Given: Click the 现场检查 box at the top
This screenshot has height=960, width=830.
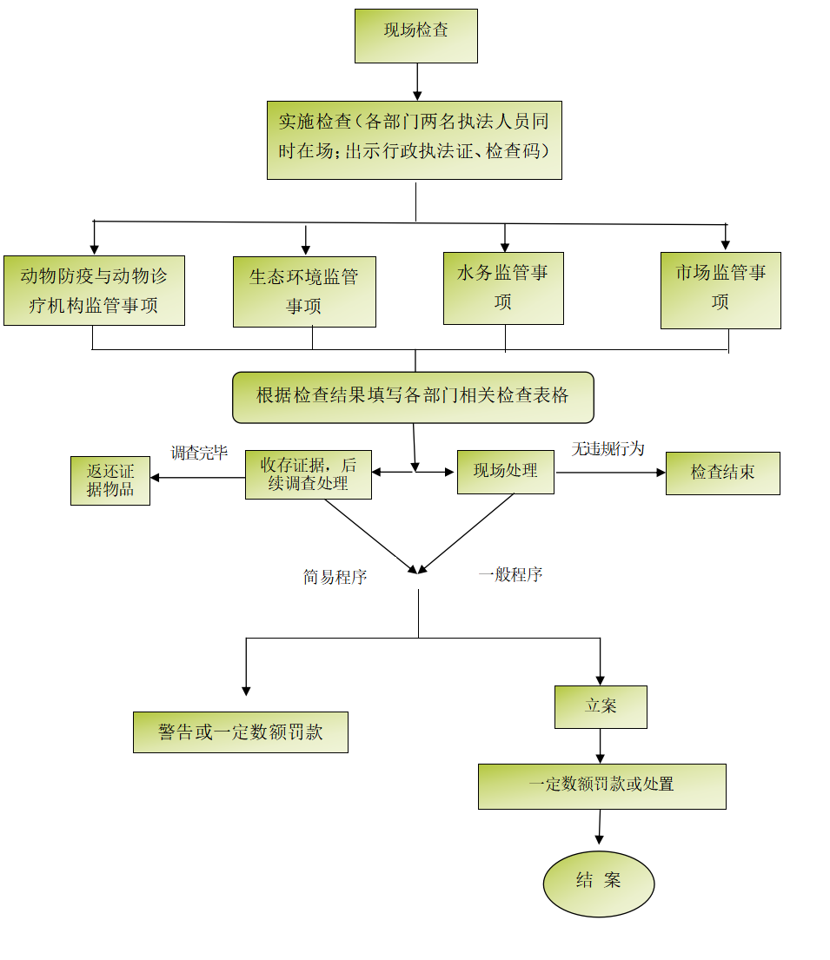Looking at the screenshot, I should [x=416, y=36].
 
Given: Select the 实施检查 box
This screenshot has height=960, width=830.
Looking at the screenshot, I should [x=414, y=140].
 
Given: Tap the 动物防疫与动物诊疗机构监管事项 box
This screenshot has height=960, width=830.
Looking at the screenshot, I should [x=94, y=290].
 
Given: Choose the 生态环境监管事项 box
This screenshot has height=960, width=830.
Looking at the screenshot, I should [x=304, y=291].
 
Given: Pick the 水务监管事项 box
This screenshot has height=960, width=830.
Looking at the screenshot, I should [x=503, y=288].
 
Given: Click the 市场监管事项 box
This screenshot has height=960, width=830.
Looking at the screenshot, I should [x=720, y=289].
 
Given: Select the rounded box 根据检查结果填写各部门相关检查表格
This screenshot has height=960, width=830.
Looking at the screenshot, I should [x=413, y=397].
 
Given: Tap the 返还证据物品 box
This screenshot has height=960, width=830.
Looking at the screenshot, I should [x=110, y=480].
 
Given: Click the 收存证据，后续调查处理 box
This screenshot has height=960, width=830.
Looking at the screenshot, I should [x=309, y=474].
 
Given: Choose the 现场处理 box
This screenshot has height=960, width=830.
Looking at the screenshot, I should [x=506, y=472].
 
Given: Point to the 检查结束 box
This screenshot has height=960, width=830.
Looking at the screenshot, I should [x=722, y=473].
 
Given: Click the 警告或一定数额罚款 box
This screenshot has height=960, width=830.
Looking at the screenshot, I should [x=241, y=732].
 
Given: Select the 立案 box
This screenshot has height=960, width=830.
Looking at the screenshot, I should [x=601, y=706].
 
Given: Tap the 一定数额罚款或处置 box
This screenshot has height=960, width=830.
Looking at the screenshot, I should [x=601, y=785].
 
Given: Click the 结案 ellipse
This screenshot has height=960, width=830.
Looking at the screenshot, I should [x=599, y=883].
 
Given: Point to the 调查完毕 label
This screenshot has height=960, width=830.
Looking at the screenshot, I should [x=199, y=453].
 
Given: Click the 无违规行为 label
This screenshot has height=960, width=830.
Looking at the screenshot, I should [x=608, y=448].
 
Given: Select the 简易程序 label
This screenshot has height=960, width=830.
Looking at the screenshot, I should [x=335, y=577].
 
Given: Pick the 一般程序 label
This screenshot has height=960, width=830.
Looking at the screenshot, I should [x=510, y=574].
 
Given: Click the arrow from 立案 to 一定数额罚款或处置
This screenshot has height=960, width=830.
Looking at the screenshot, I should [x=601, y=745].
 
